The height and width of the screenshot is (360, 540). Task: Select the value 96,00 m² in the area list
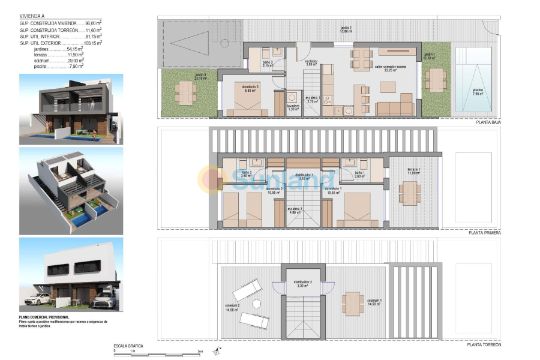(92, 23)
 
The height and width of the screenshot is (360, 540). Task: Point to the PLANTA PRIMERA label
(484, 232)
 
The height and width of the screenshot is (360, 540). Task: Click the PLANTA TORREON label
(484, 345)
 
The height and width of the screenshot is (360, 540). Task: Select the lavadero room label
(293, 107)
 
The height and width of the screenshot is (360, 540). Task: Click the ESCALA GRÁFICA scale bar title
(128, 346)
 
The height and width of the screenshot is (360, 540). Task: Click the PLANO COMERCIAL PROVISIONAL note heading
(44, 317)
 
